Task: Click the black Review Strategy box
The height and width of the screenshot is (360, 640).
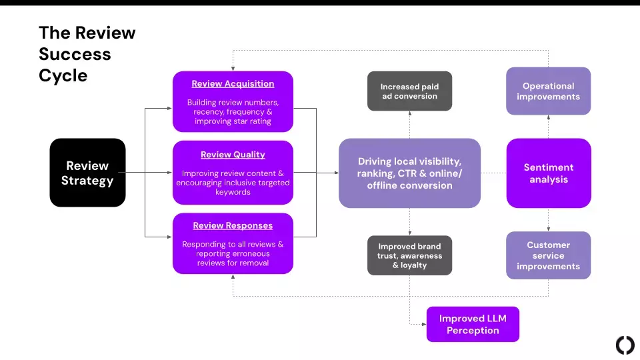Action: (87, 173)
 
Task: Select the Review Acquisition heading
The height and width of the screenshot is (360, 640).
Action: (233, 84)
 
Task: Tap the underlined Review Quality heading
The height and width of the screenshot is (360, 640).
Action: (233, 155)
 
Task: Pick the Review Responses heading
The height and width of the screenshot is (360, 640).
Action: (233, 226)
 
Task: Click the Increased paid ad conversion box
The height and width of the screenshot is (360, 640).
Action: (409, 91)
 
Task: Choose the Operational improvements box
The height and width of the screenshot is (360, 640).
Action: (548, 91)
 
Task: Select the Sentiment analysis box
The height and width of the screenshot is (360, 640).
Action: (548, 173)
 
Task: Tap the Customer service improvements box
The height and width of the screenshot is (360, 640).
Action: (548, 255)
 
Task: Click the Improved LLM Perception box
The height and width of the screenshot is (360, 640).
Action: (472, 324)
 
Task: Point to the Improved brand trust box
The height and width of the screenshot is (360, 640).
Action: (409, 255)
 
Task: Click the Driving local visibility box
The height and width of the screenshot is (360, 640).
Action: (409, 173)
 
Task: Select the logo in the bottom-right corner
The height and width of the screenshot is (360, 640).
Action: (625, 345)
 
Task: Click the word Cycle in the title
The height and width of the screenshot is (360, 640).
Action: (63, 75)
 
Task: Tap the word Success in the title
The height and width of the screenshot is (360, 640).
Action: (75, 54)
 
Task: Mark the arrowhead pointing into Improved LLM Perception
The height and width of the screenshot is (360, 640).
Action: (423, 324)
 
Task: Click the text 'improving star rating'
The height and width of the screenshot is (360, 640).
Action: (233, 121)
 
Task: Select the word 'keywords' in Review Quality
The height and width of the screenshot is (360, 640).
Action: (233, 192)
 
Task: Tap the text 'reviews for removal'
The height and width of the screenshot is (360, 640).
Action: (233, 263)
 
